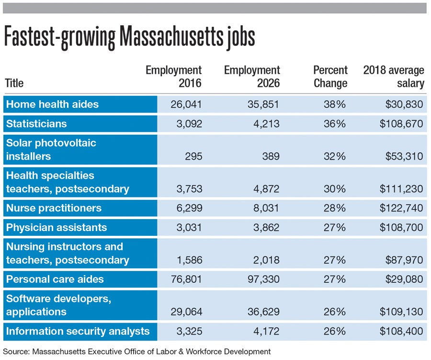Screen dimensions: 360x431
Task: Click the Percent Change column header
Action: pos(330,77)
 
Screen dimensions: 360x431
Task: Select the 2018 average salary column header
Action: pos(394,77)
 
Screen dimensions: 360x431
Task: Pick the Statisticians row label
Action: pos(36,124)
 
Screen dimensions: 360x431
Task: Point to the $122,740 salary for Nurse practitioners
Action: pos(401,208)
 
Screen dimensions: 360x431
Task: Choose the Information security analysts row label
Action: pos(78,331)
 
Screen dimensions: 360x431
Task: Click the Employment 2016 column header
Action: pos(173,77)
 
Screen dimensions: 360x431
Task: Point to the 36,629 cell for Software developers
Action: pos(262,312)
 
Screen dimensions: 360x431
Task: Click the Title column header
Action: pos(14,83)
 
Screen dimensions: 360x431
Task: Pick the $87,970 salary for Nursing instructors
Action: pos(404,260)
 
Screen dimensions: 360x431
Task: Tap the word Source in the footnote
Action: pos(15,351)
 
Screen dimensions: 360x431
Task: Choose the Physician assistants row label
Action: pos(56,227)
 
